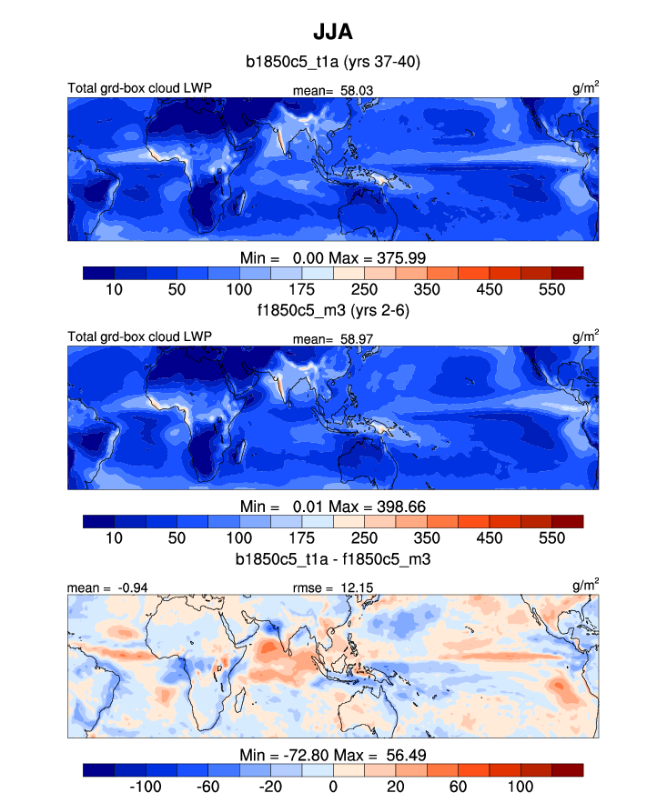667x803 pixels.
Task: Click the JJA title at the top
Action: (333, 33)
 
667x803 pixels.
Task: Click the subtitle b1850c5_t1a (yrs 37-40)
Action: (333, 63)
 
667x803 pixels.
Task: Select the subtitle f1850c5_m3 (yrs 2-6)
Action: (333, 309)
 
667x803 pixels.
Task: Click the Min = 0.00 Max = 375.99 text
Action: (333, 257)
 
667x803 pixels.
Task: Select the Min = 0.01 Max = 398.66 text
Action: (333, 506)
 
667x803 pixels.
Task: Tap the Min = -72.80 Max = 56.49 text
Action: (333, 755)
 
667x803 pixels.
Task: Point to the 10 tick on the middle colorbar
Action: (115, 537)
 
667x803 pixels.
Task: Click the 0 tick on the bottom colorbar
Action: (333, 786)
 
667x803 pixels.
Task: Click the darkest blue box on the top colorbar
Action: (98, 272)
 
